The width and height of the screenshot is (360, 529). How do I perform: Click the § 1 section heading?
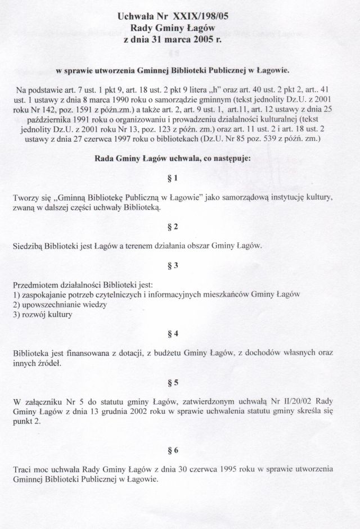pos(180,179)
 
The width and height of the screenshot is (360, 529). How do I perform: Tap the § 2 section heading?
pos(180,228)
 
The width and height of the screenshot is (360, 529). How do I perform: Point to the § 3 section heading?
pos(180,264)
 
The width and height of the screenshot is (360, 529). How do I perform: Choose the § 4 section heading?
pos(180,333)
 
